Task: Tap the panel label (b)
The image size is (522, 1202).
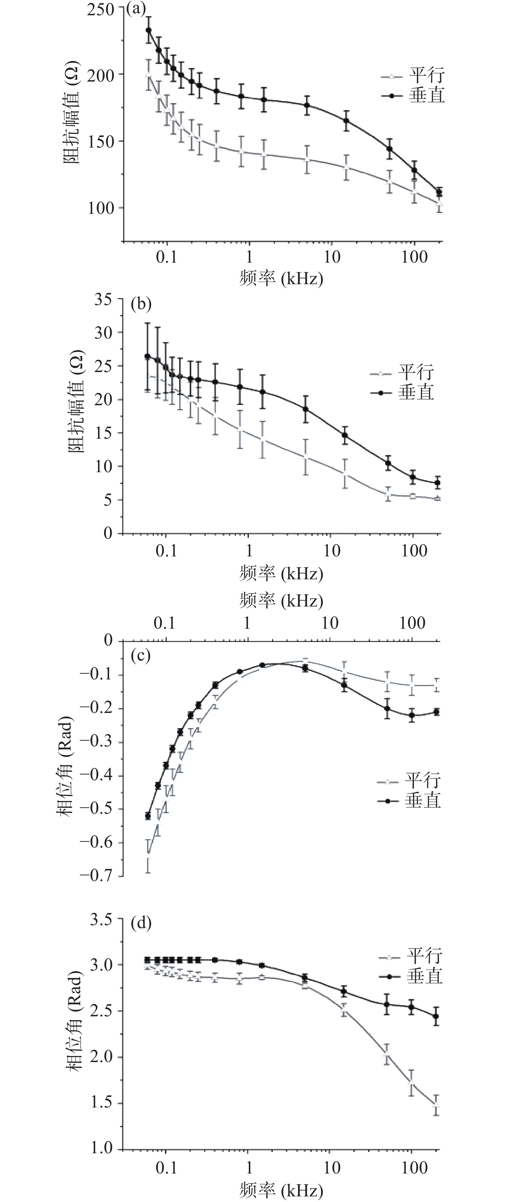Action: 141,304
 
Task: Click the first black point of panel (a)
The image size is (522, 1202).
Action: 148,30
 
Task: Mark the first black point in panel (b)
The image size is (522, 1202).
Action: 147,356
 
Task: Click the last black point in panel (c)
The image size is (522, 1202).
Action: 436,712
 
